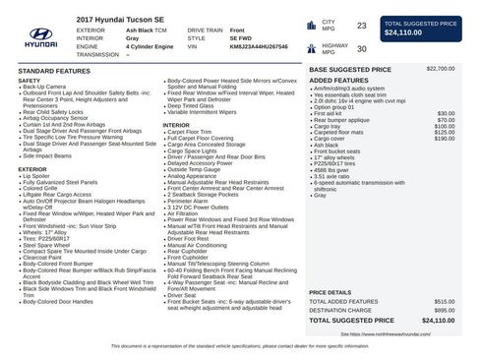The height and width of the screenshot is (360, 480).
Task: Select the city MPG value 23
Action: (361, 26)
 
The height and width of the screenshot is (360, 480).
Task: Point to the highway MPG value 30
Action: (361, 48)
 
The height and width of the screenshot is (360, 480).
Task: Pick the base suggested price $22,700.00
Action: (440, 69)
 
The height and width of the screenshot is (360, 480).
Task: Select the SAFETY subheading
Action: (30, 81)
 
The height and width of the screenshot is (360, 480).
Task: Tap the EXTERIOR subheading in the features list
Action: (32, 169)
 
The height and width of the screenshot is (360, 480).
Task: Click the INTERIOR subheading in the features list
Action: (176, 125)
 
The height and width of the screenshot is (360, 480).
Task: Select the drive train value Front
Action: (237, 30)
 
